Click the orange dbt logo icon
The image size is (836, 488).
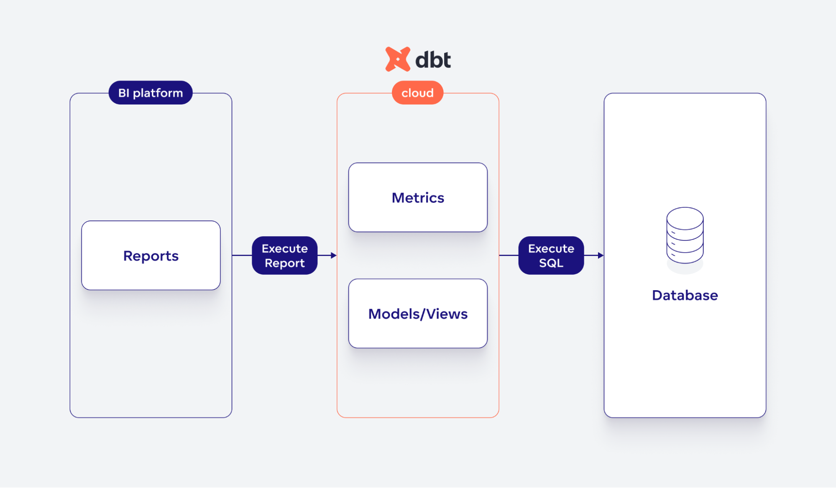[x=397, y=59]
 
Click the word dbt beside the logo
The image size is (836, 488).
[x=433, y=60]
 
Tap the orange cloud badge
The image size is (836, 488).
[x=417, y=93]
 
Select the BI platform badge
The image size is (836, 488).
[x=151, y=93]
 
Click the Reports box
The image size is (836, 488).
[x=151, y=255]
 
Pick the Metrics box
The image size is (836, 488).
[x=418, y=197]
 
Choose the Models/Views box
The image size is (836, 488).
[x=418, y=314]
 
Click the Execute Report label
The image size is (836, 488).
[x=284, y=255]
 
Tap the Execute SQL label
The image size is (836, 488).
[x=551, y=255]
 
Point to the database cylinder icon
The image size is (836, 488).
[x=685, y=236]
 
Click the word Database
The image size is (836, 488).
[x=685, y=295]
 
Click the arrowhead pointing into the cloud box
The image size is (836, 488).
[x=333, y=255]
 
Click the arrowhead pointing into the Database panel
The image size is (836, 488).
[x=601, y=255]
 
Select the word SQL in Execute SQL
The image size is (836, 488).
[x=551, y=263]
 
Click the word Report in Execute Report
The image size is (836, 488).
[x=284, y=263]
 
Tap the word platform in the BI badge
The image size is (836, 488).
[x=158, y=93]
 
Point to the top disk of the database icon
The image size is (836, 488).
[x=685, y=217]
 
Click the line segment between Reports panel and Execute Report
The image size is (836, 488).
[x=242, y=255]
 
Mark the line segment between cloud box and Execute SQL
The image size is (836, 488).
[x=509, y=255]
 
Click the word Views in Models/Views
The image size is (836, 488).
[x=447, y=314]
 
